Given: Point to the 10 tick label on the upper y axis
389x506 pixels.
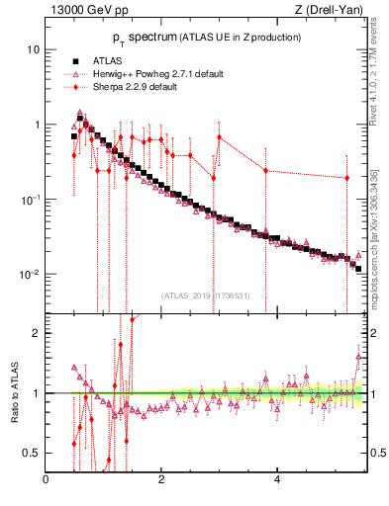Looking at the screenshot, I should [x=33, y=49].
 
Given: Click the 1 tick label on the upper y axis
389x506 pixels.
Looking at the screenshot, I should [x=36, y=125].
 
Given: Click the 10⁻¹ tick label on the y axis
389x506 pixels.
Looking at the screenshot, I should [x=30, y=199].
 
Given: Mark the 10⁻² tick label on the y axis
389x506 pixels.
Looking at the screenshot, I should [x=30, y=274].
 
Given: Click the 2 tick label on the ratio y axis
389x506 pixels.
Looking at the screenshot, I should [x=36, y=333].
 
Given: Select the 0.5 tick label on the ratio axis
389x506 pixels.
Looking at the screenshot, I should [x=32, y=453].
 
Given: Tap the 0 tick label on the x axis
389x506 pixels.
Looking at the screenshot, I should [x=46, y=480].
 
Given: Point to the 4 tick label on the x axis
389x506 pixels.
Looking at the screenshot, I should [x=276, y=480].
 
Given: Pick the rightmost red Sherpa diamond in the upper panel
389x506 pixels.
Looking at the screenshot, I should [x=347, y=178].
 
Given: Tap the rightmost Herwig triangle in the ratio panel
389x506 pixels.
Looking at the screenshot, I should [x=358, y=357].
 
